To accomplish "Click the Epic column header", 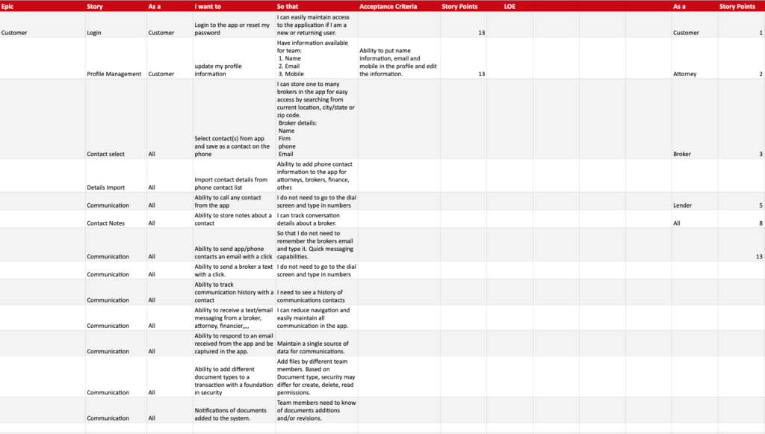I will point(7,7).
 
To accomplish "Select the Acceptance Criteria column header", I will point(388,7).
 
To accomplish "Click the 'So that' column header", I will point(288,7).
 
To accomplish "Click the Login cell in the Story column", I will point(94,33).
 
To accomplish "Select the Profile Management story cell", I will point(114,74).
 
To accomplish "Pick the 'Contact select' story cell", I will point(105,154).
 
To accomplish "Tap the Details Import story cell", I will point(105,187).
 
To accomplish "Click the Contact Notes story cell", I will point(106,223).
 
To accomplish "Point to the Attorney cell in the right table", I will point(684,74).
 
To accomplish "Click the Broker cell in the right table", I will point(682,154).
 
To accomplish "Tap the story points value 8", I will point(760,223).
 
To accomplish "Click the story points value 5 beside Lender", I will point(760,205).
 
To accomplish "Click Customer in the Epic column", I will point(14,33).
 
